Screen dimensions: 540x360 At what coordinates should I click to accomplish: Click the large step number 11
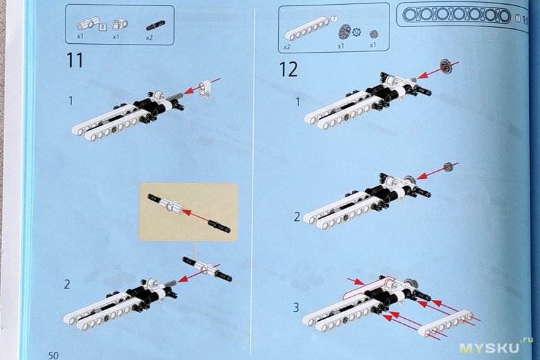click(x=75, y=60)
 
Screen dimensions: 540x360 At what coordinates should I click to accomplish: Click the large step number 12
click(x=289, y=70)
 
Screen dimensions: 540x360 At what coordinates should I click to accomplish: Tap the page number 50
click(x=53, y=355)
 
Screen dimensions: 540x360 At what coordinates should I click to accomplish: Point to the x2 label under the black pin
click(x=149, y=38)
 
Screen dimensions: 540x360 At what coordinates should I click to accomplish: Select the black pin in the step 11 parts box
click(x=156, y=26)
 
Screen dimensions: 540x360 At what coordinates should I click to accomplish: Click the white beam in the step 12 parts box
click(x=307, y=31)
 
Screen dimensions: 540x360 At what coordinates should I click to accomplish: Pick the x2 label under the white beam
click(x=287, y=47)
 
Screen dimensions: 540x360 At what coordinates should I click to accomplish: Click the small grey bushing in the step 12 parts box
click(x=374, y=34)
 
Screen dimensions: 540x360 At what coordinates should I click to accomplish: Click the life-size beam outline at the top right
click(x=457, y=16)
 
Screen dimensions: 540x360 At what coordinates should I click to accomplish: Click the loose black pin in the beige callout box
click(x=219, y=227)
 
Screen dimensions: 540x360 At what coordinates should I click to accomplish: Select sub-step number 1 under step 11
click(x=71, y=101)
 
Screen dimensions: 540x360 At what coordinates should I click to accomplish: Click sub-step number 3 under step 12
click(x=296, y=307)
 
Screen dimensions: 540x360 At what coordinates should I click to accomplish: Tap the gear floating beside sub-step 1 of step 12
click(x=446, y=66)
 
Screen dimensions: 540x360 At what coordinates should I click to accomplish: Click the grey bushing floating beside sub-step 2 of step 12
click(x=448, y=167)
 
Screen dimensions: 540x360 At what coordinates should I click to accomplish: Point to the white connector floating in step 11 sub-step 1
click(x=205, y=89)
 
